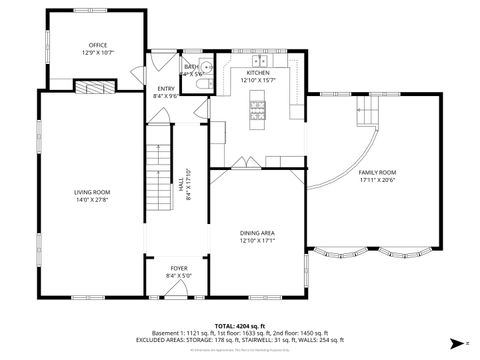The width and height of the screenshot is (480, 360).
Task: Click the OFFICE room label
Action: click(x=97, y=45)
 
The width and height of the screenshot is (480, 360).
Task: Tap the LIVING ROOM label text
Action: click(x=91, y=191)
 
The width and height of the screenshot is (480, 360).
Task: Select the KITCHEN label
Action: click(x=258, y=73)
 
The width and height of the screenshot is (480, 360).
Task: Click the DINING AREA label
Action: click(x=257, y=233)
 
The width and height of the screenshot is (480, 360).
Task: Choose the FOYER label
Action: click(x=178, y=268)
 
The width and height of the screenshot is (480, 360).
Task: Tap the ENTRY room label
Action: click(x=166, y=89)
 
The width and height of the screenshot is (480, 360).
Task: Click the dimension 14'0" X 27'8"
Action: click(x=91, y=199)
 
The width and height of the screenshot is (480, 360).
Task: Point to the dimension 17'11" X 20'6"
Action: click(x=377, y=180)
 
